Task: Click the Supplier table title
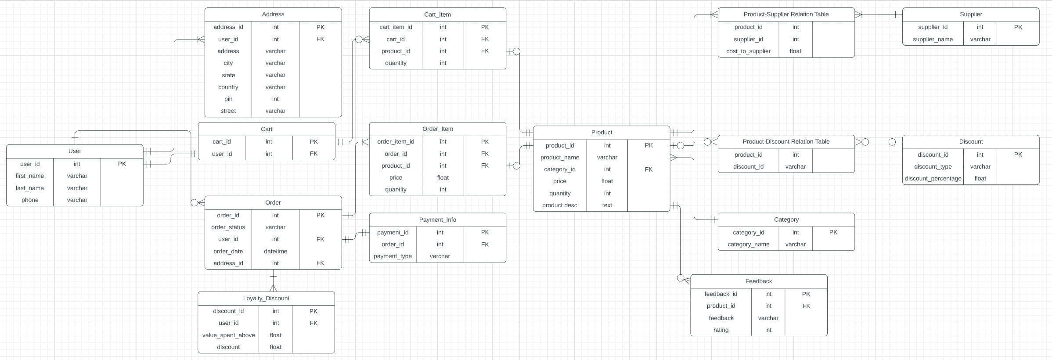click(971, 14)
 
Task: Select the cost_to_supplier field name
click(748, 51)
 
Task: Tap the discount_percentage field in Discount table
click(933, 179)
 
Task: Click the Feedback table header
click(758, 281)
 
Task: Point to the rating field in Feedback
click(721, 330)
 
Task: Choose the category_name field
click(748, 245)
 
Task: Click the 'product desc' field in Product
click(559, 205)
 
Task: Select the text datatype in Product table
click(607, 205)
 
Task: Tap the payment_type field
click(393, 256)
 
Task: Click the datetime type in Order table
click(275, 252)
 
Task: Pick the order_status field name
click(228, 227)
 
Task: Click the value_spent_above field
click(228, 335)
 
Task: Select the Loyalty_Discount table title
click(266, 299)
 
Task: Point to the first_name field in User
click(30, 176)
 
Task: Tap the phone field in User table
click(30, 200)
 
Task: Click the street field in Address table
click(228, 111)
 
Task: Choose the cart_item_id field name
click(396, 27)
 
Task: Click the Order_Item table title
click(437, 129)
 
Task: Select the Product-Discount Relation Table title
click(786, 142)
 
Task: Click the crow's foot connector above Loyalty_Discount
click(273, 288)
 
